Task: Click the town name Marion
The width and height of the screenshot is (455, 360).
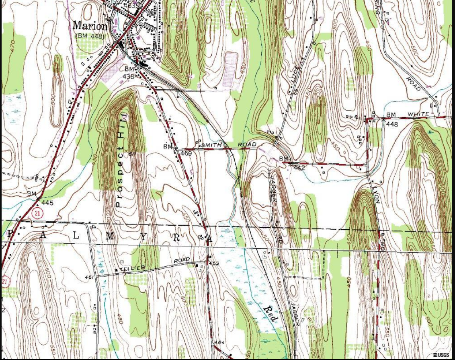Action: coord(90,26)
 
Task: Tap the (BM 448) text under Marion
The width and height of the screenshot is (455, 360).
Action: coord(90,36)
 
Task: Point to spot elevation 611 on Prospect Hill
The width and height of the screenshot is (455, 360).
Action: coord(132,153)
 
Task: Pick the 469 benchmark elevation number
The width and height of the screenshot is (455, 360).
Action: coord(186,153)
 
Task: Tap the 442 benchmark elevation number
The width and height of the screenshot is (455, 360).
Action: coord(299,167)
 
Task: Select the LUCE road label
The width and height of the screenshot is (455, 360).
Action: coord(293,75)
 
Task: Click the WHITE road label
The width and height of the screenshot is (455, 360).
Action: coord(418,115)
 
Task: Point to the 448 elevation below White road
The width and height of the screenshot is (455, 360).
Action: coord(391,125)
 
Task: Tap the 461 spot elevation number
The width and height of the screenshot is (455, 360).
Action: coord(89,277)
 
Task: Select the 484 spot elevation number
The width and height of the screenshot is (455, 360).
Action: coord(219,342)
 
